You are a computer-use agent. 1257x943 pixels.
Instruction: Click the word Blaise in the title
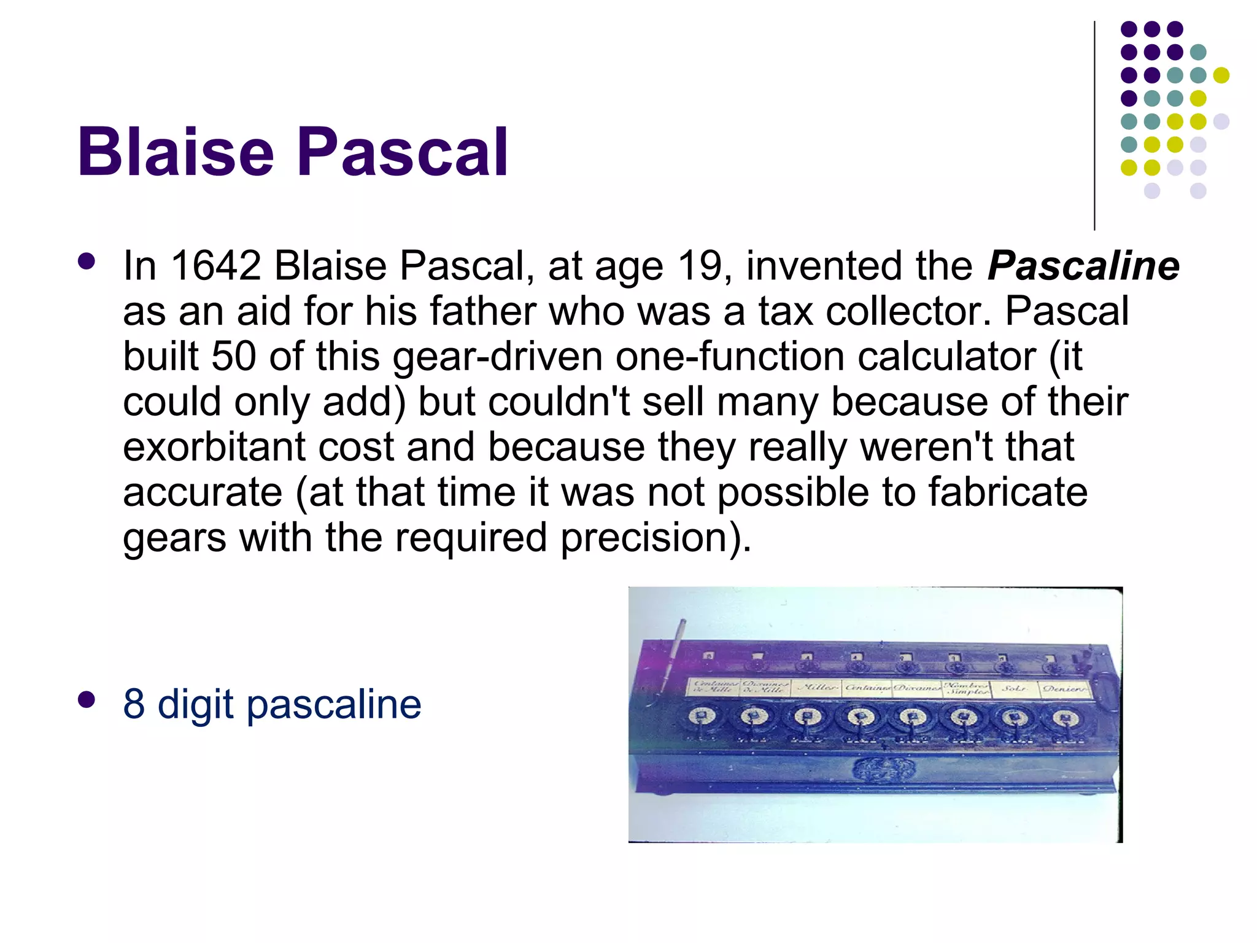tap(175, 152)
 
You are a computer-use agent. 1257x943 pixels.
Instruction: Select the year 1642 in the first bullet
tap(216, 266)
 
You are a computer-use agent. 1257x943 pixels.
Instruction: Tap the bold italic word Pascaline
tap(1083, 266)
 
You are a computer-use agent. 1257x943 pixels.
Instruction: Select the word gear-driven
tap(498, 356)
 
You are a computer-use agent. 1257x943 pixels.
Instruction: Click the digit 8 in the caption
tap(134, 704)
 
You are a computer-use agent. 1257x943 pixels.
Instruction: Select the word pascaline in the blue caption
tap(334, 705)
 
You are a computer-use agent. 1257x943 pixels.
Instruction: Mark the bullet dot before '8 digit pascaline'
tap(87, 700)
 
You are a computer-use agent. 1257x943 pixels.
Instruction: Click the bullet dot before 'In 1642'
tap(87, 262)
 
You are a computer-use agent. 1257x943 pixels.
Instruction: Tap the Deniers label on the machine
tap(1065, 689)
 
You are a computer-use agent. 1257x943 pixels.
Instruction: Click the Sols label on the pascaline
tap(1014, 688)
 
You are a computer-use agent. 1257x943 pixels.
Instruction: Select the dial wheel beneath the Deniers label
tap(1065, 717)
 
